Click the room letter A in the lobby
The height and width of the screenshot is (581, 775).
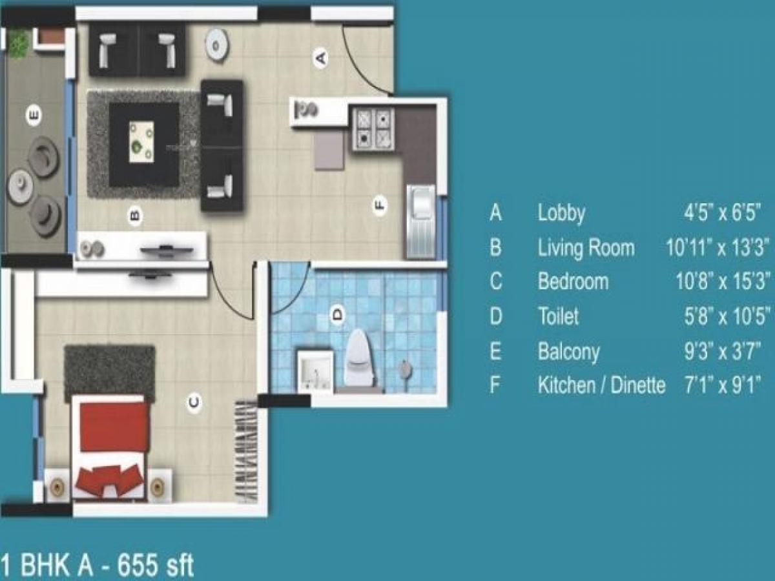pos(320,58)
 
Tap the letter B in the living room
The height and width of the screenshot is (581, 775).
pos(134,215)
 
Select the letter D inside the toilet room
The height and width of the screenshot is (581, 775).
pos(336,316)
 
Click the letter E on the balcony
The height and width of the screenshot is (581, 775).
pos(34,116)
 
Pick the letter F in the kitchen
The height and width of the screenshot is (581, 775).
pos(380,206)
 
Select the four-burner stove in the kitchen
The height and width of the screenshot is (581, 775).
pos(373,128)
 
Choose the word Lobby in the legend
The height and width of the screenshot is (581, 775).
pos(561,213)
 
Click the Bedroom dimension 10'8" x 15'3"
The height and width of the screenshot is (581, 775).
pos(719,282)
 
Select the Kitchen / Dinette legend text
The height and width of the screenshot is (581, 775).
pos(601,385)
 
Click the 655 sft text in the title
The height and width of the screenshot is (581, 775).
pos(154,566)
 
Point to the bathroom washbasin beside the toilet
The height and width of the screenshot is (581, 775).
pos(315,371)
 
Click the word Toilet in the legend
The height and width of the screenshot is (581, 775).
pos(559,316)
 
